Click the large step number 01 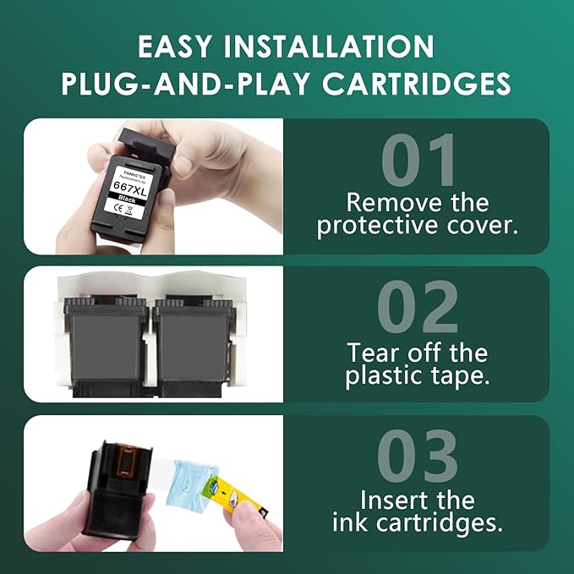(x=418, y=161)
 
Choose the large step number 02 (x=418, y=309)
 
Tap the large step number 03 (x=418, y=457)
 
